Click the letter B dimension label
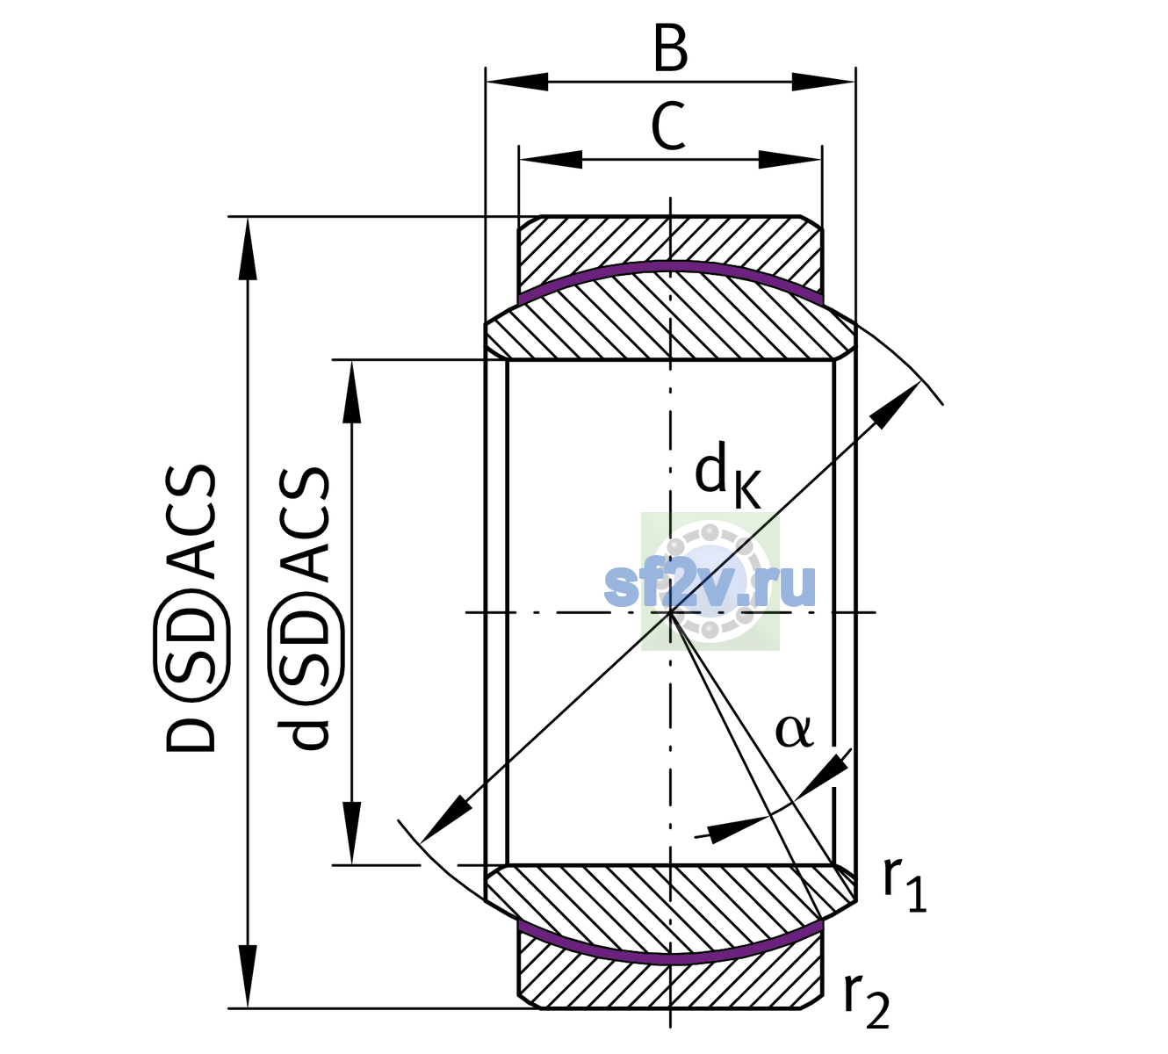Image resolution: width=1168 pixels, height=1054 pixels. pyautogui.click(x=670, y=49)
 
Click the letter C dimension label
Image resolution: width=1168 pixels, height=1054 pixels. pyautogui.click(x=667, y=126)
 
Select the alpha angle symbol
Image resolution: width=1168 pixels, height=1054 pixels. pyautogui.click(x=793, y=732)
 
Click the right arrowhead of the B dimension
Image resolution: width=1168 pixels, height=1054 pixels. pyautogui.click(x=823, y=82)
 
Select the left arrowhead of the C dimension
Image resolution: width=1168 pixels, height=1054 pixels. pyautogui.click(x=551, y=159)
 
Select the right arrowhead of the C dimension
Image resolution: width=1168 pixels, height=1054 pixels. pyautogui.click(x=790, y=159)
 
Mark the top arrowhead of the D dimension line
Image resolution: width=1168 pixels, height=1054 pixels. pyautogui.click(x=248, y=249)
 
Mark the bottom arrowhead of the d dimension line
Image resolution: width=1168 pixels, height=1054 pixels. pyautogui.click(x=351, y=834)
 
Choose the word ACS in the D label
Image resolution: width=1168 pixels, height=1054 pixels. pyautogui.click(x=191, y=523)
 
